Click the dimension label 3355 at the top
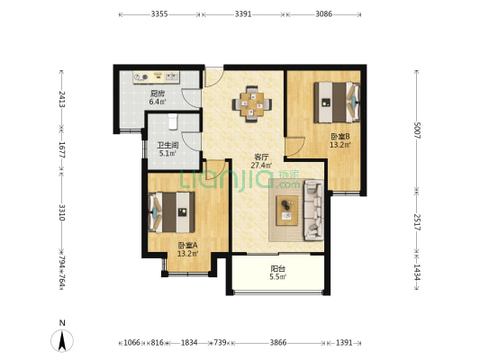(x=159, y=14)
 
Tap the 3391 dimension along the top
(x=243, y=14)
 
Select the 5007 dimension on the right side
(x=417, y=130)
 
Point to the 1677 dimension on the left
(x=62, y=149)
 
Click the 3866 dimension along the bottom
(x=278, y=343)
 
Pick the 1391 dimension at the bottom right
(x=344, y=343)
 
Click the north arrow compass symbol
(x=62, y=341)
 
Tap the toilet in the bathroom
(x=173, y=121)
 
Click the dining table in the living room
(x=252, y=104)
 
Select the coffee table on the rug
(x=287, y=211)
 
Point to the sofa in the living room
(x=313, y=210)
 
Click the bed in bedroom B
(x=337, y=103)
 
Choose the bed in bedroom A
(x=171, y=212)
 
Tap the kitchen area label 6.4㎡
(x=158, y=102)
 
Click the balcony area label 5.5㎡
(x=277, y=277)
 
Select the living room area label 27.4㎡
(x=261, y=166)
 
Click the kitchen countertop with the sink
(x=156, y=77)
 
